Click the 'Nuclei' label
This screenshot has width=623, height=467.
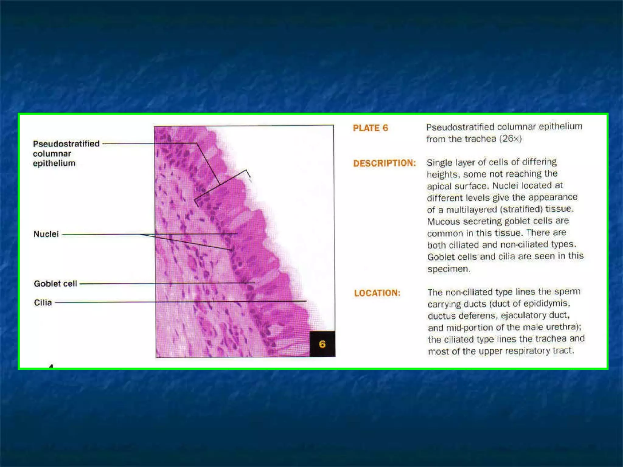pos(46,234)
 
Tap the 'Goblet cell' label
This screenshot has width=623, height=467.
pos(55,284)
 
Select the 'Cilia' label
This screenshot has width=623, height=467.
pos(43,303)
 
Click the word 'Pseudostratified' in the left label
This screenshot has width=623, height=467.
pos(66,144)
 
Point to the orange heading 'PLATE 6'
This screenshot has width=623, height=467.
pos(370,128)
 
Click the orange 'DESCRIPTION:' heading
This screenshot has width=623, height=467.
pos(384,163)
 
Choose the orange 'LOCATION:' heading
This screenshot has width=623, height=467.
pos(377,293)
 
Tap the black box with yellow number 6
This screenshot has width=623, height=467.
pos(322,344)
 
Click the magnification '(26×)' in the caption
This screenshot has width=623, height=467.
pos(512,139)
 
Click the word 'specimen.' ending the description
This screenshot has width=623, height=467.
pos(449,269)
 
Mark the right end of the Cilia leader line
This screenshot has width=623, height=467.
pos(306,301)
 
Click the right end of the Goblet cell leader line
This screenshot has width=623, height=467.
pos(255,283)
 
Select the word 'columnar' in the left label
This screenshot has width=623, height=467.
pos(52,154)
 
